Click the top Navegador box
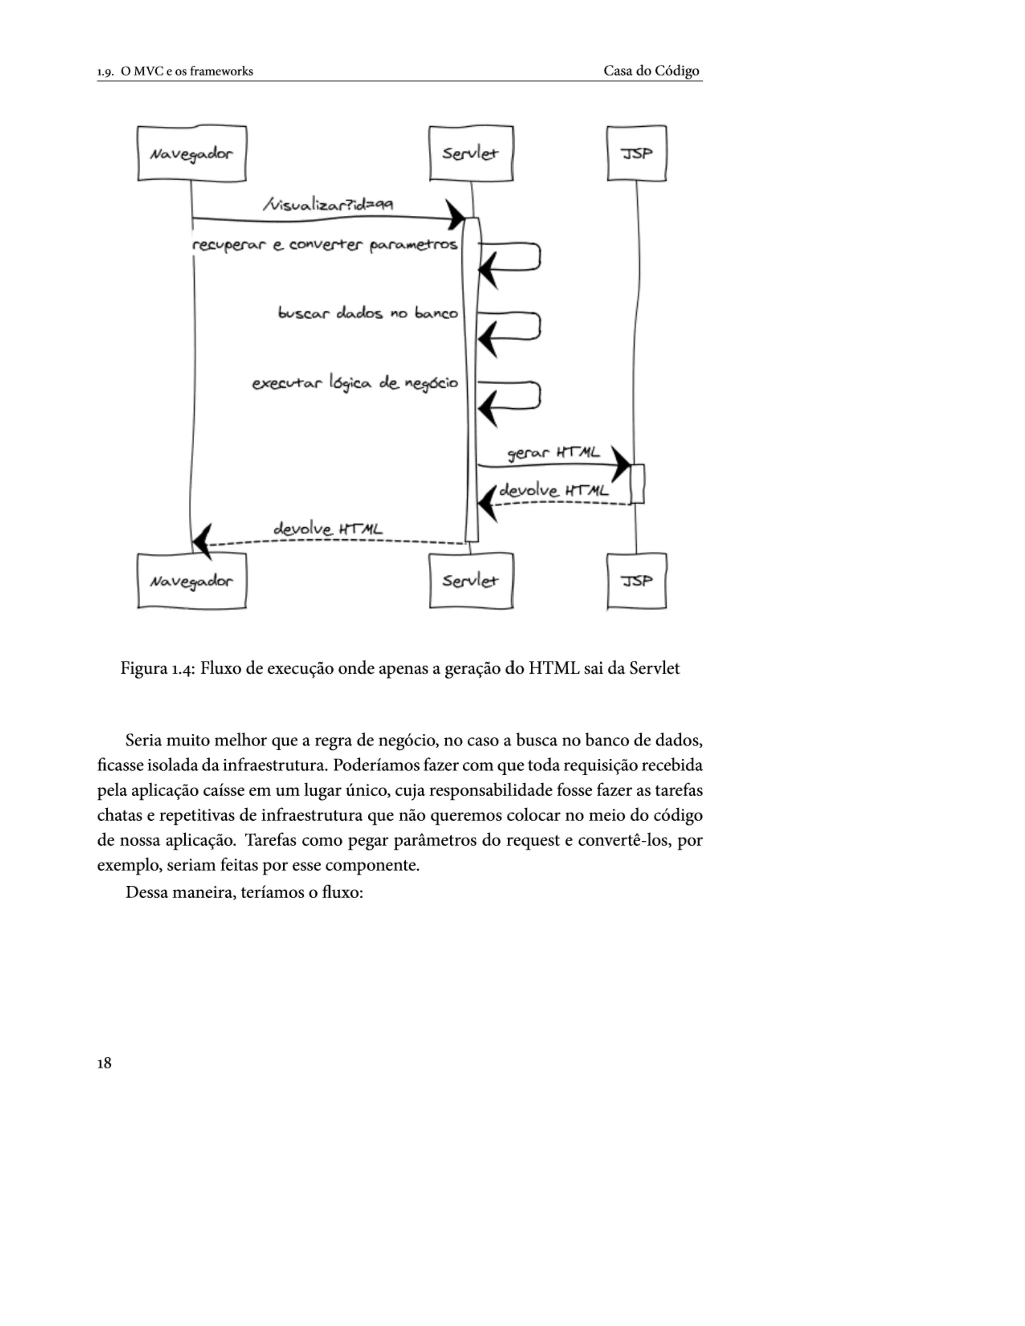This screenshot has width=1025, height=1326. click(x=191, y=153)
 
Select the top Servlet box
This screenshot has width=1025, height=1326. click(x=470, y=153)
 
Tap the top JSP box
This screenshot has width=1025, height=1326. click(x=637, y=153)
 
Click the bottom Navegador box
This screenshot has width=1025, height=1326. click(x=191, y=581)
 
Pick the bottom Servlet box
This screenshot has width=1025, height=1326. click(x=470, y=581)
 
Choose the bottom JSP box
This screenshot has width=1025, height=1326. click(x=637, y=581)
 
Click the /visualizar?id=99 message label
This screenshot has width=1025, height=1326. click(x=328, y=204)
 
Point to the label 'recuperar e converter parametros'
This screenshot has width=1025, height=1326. click(x=325, y=245)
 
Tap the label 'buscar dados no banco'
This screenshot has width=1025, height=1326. click(x=368, y=313)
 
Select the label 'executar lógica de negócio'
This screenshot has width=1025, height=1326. click(x=355, y=383)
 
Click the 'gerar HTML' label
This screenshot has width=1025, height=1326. click(x=553, y=453)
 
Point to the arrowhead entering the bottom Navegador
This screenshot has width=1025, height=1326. click(x=202, y=541)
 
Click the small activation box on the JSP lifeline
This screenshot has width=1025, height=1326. click(x=637, y=484)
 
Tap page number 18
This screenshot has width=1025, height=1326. click(x=104, y=1062)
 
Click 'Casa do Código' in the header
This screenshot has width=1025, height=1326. click(x=651, y=71)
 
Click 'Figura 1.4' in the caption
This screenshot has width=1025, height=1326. click(x=157, y=669)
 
